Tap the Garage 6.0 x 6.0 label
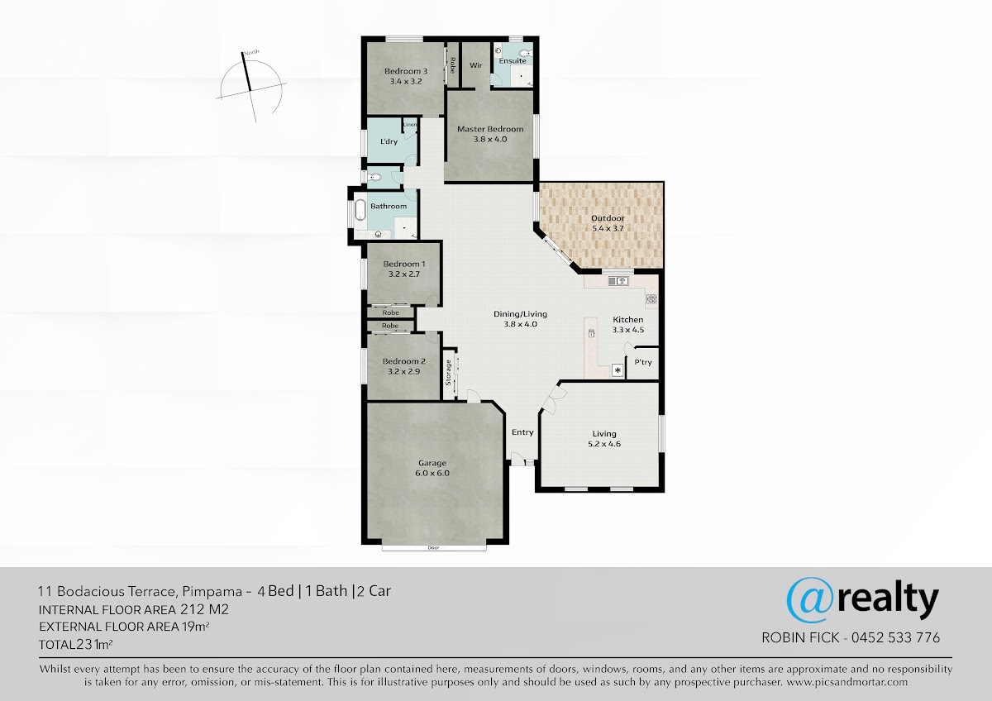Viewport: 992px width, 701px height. (x=432, y=468)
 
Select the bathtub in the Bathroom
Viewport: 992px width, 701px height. (x=360, y=210)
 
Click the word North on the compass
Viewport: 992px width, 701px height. (x=251, y=53)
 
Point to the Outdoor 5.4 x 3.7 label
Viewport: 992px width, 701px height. (x=608, y=223)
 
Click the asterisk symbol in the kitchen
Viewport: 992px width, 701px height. (x=618, y=370)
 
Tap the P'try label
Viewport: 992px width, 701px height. (x=643, y=362)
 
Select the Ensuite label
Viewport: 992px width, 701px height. (x=513, y=60)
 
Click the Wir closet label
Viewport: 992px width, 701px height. (x=475, y=65)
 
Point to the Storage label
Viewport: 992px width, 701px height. (x=448, y=373)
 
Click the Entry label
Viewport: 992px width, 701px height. (x=522, y=432)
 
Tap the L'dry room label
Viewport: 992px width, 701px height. (x=389, y=141)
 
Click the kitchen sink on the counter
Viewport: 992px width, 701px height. (x=618, y=281)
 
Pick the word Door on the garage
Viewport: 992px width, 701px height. (x=433, y=548)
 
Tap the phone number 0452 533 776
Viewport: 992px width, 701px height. (x=895, y=637)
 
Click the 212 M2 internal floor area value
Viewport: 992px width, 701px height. (x=204, y=610)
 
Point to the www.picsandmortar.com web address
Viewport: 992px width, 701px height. (x=847, y=682)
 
